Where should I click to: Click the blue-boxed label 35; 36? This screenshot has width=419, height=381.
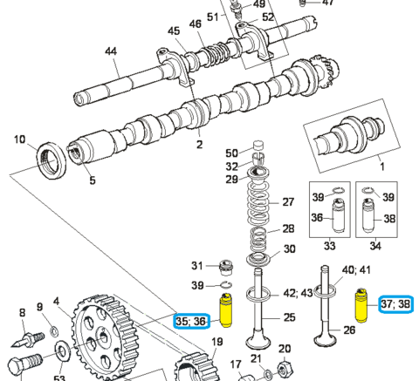tap(191, 321)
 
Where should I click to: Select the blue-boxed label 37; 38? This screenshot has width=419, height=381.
tap(395, 304)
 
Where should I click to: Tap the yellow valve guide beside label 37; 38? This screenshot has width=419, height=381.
tap(361, 305)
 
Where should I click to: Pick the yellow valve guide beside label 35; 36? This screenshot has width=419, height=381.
tap(226, 310)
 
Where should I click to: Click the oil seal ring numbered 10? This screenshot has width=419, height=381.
tap(52, 160)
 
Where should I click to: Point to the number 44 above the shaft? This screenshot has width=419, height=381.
tap(111, 51)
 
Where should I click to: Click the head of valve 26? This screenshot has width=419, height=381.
tap(326, 339)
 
